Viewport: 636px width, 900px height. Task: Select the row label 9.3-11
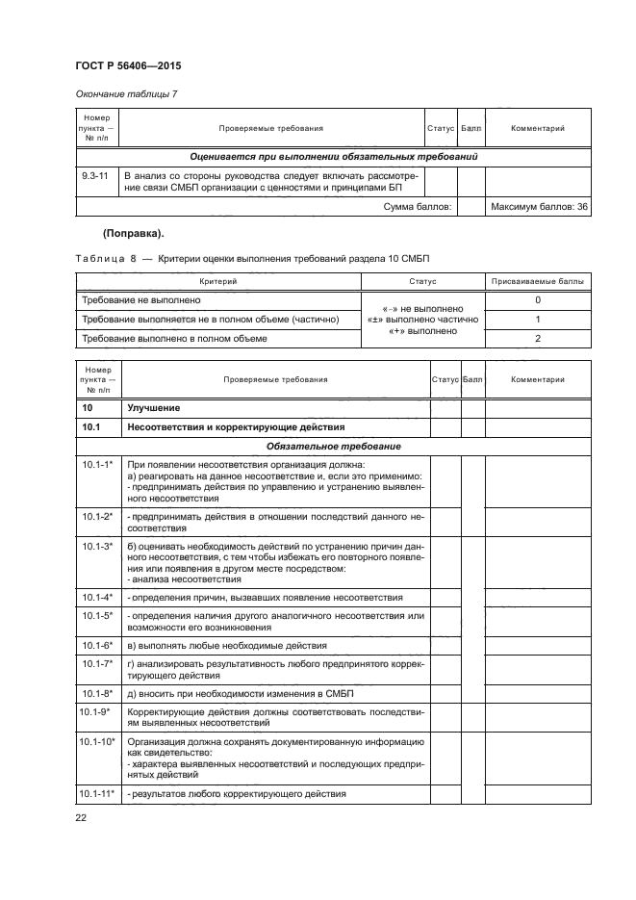[x=96, y=175]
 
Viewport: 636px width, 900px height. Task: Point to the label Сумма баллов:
[x=419, y=206]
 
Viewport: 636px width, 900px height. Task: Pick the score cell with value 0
[x=537, y=301]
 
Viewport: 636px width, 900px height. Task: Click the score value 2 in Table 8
[x=537, y=338]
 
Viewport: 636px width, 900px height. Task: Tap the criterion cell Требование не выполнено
[x=136, y=301]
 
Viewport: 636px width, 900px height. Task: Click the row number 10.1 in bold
[x=92, y=426]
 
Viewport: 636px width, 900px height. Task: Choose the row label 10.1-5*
[x=97, y=614]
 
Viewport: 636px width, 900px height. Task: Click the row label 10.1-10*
[x=98, y=741]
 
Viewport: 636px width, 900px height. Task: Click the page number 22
[x=81, y=819]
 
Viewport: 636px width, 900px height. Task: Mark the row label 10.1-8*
[x=97, y=693]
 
